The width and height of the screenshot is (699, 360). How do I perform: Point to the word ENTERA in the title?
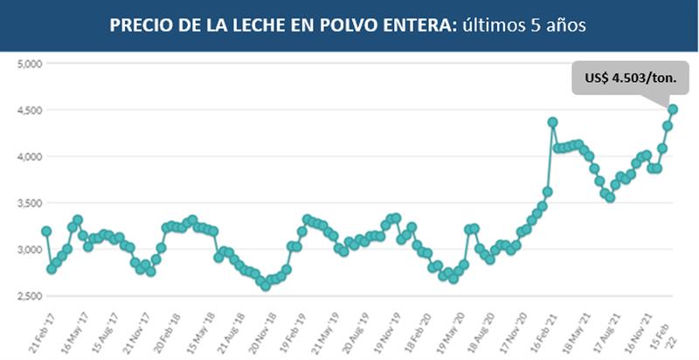click(406, 26)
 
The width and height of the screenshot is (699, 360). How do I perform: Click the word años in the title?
click(564, 26)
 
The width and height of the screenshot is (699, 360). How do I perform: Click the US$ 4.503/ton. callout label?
click(629, 78)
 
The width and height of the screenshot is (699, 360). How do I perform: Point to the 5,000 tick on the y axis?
click(31, 64)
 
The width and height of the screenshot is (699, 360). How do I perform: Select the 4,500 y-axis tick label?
click(31, 110)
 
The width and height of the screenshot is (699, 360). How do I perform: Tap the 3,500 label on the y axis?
click(31, 203)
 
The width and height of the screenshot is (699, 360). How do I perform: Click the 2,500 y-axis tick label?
click(31, 296)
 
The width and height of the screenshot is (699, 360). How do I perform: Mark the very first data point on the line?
click(46, 232)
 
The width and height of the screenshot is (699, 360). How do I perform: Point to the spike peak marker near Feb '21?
click(552, 122)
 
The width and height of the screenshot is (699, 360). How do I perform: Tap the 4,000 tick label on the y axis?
click(31, 156)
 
